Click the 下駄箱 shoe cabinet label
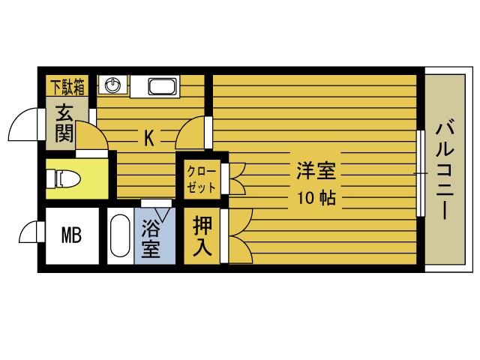click(68, 86)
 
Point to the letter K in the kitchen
click(149, 138)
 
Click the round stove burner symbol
click(113, 85)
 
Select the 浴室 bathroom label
click(151, 239)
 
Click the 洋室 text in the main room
click(315, 172)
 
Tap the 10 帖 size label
click(315, 199)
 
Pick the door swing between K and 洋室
click(191, 133)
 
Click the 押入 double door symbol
click(238, 236)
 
